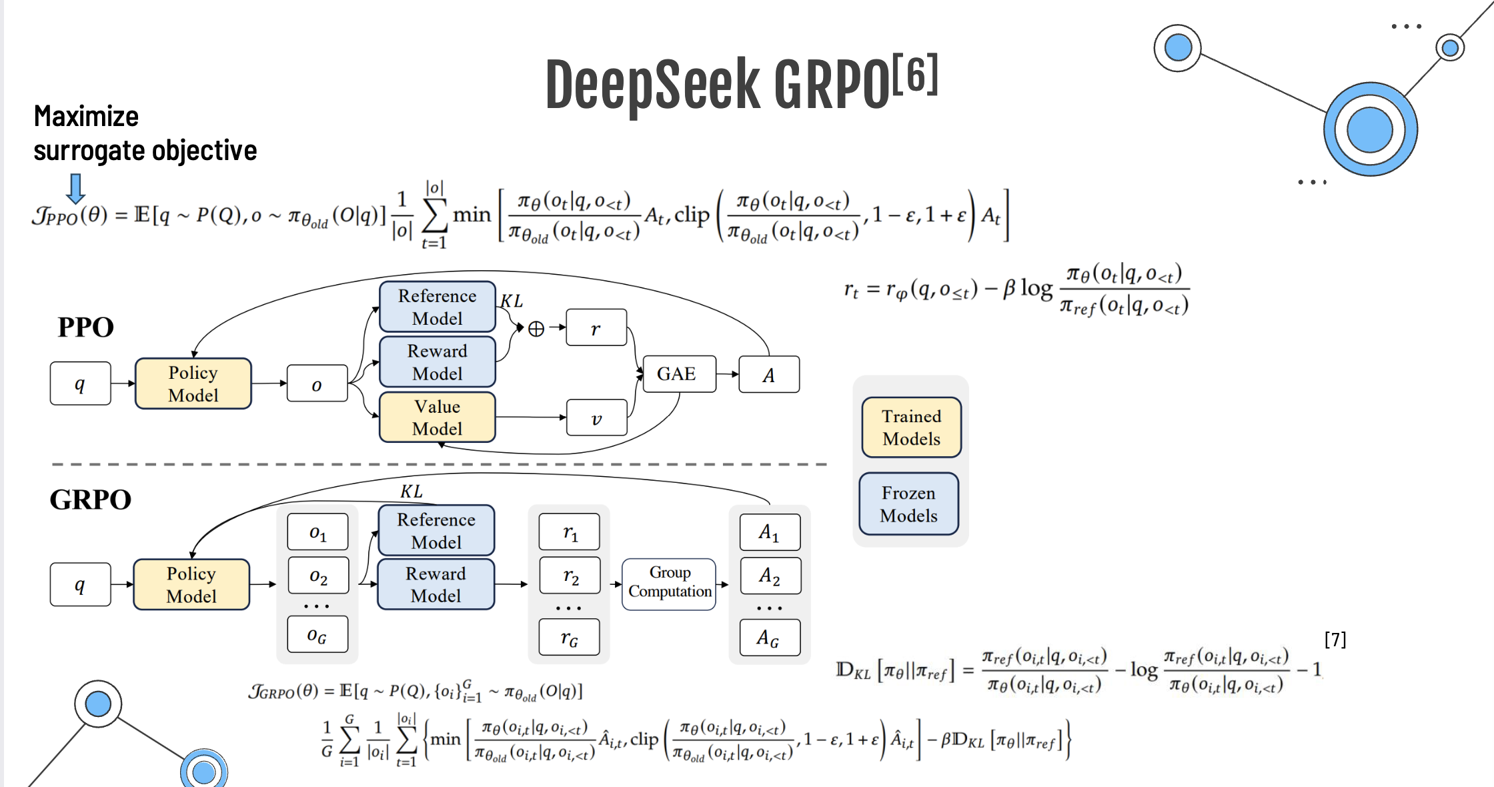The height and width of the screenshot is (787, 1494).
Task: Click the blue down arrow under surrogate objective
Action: pos(76,188)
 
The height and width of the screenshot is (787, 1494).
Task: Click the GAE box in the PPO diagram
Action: pos(676,374)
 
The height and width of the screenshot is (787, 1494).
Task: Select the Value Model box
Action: pos(438,418)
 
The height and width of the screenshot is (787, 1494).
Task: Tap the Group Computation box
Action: pos(669,582)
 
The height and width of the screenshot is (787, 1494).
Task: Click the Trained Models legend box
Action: pos(911,428)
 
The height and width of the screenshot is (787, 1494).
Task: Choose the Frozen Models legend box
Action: pos(908,504)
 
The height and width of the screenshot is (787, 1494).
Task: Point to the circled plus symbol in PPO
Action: pos(536,329)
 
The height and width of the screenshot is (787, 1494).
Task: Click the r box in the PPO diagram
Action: pos(596,327)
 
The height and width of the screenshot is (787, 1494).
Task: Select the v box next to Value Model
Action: pos(596,418)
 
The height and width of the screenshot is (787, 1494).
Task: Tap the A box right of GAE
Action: pos(769,375)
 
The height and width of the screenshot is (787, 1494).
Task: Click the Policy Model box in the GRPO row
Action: pos(191,584)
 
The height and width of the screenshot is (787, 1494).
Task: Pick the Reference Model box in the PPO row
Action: pos(438,307)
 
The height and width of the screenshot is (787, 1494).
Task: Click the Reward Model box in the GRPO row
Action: pos(436,584)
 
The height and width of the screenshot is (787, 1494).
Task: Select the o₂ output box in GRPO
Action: pos(318,576)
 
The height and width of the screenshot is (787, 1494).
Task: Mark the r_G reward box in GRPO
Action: pos(570,638)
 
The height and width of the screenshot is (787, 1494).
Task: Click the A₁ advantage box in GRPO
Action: pos(770,532)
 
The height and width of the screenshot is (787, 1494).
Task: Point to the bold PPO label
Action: pos(85,327)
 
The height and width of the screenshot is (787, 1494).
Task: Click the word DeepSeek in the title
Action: pos(652,85)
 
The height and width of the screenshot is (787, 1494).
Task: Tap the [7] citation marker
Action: pos(1335,640)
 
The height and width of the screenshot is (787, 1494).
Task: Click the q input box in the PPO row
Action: pos(80,383)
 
